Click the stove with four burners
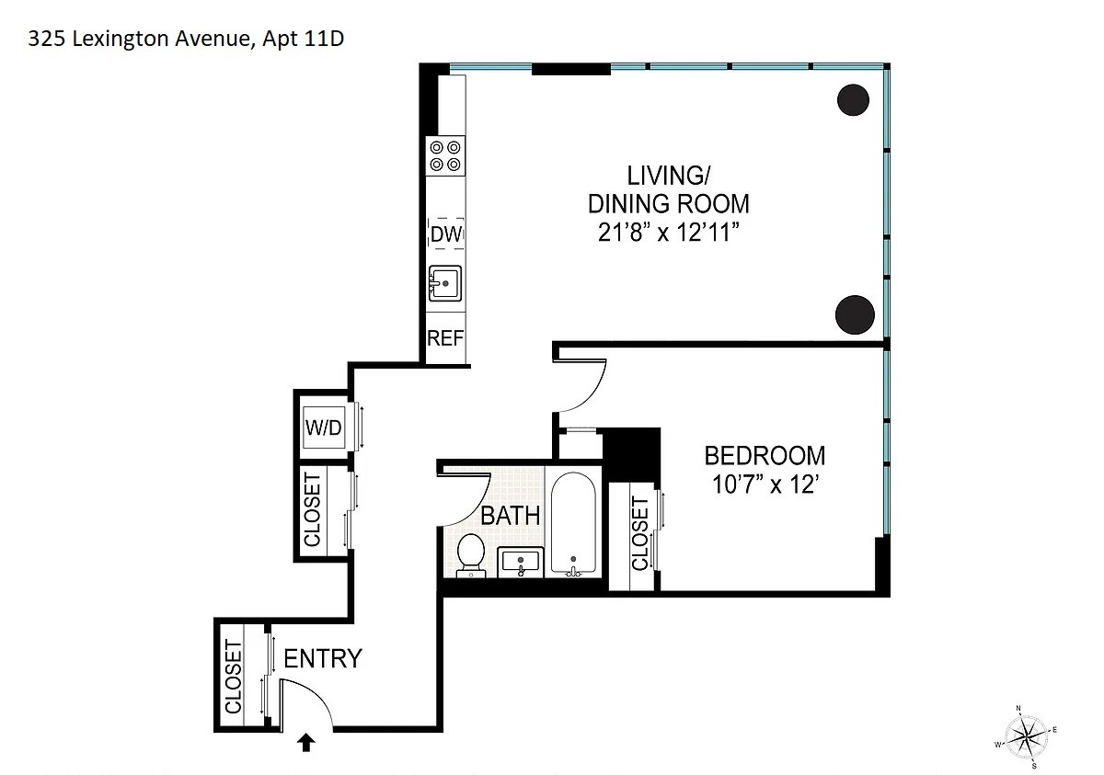[446, 156]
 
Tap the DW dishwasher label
[445, 235]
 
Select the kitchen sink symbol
[445, 283]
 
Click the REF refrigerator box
[445, 338]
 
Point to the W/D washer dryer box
[323, 427]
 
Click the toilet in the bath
[471, 554]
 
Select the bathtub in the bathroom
[573, 525]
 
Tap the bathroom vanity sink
[521, 562]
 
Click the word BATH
[511, 516]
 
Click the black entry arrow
[305, 742]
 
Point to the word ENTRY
[322, 659]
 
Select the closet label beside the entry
[233, 677]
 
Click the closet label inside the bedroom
[640, 532]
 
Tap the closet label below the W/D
[313, 510]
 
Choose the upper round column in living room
[853, 99]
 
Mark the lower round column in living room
[854, 314]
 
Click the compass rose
[1026, 735]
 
